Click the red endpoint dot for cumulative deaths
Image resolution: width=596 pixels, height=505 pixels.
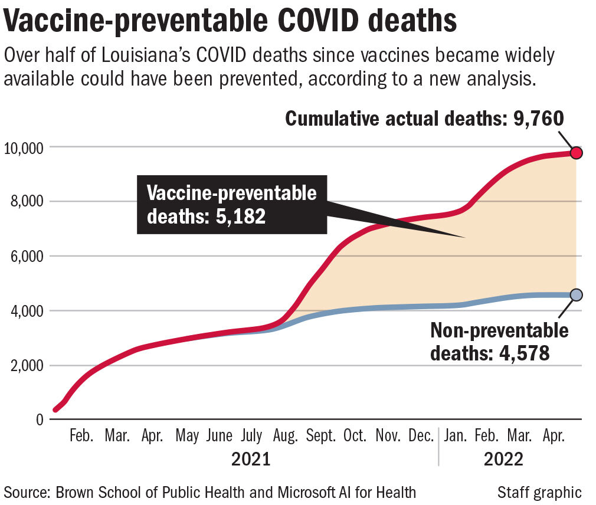(577, 153)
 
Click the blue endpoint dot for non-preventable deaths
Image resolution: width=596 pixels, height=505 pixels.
(577, 294)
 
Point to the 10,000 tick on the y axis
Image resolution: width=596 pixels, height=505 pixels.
(24, 147)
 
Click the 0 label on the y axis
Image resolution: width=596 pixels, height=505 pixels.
(40, 420)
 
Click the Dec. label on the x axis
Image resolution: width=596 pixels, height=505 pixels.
(421, 437)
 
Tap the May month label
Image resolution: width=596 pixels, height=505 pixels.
(188, 437)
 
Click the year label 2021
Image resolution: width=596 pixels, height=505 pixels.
(250, 459)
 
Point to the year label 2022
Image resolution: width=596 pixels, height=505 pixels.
(503, 459)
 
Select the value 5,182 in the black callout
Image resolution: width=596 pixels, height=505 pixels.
(236, 217)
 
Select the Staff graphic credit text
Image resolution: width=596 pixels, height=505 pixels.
(539, 491)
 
